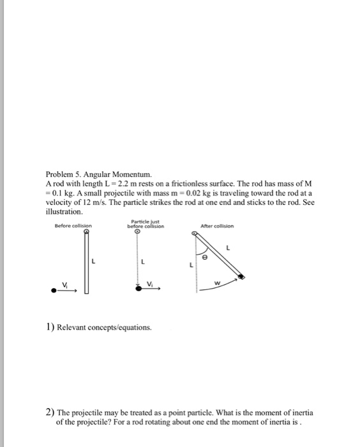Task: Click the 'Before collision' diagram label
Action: click(x=73, y=225)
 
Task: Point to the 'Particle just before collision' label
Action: click(x=146, y=225)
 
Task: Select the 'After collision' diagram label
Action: click(x=217, y=225)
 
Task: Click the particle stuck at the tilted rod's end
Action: click(x=241, y=277)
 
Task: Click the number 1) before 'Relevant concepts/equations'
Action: click(x=49, y=327)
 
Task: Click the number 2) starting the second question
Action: click(x=49, y=413)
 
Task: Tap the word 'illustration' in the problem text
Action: click(x=64, y=211)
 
